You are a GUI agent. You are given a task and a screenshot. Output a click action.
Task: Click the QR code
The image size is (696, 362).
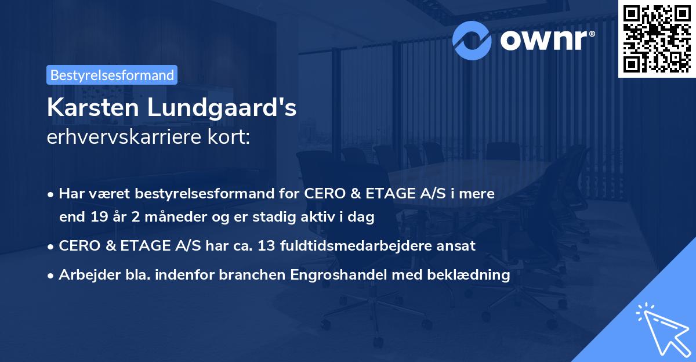657,38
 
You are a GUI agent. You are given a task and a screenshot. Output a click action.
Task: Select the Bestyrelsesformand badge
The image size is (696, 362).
112,75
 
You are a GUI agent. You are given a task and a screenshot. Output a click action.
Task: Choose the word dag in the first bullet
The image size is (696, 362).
362,218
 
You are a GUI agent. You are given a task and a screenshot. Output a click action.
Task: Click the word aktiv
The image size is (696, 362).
317,218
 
